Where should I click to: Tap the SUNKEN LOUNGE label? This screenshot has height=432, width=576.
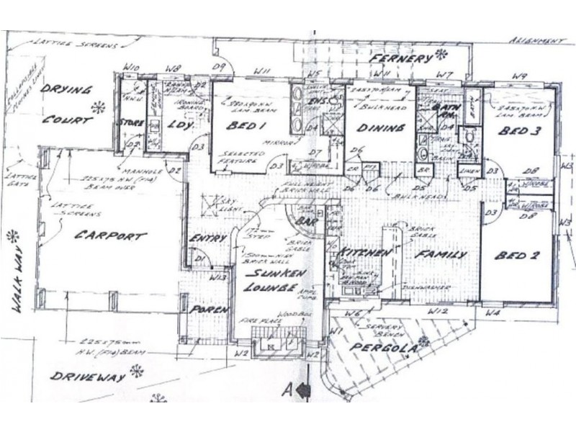point(271,282)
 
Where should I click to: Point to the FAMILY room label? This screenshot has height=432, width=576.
point(440,255)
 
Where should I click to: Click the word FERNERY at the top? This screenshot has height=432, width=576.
point(402,57)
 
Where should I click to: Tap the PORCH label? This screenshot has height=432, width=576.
point(208,310)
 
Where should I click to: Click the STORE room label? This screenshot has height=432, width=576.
point(132,123)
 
